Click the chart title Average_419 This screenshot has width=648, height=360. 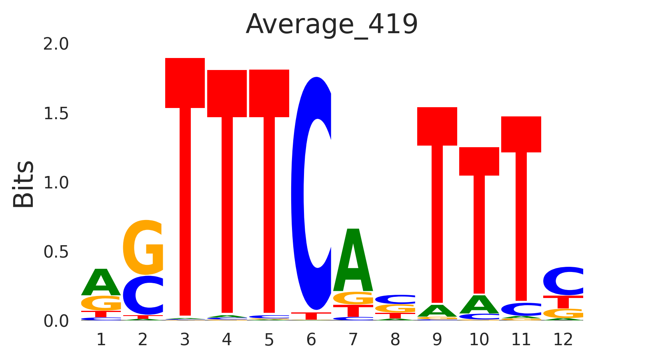tap(332, 25)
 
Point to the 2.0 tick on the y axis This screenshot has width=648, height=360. tap(56, 44)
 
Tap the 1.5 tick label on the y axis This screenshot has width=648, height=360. tap(56, 114)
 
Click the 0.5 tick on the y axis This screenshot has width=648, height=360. tap(56, 252)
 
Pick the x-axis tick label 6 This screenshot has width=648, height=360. tap(311, 340)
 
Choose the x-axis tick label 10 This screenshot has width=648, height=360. tap(479, 340)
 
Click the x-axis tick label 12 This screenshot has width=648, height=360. tap(563, 340)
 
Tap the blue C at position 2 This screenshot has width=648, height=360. tap(143, 296)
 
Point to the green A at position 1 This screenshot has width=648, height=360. tap(101, 282)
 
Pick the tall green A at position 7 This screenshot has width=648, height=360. tap(353, 260)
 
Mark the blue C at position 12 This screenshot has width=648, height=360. tap(563, 281)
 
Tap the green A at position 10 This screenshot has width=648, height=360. tap(479, 305)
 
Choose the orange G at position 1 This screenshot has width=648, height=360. tap(101, 303)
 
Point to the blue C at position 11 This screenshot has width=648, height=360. tap(521, 309)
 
